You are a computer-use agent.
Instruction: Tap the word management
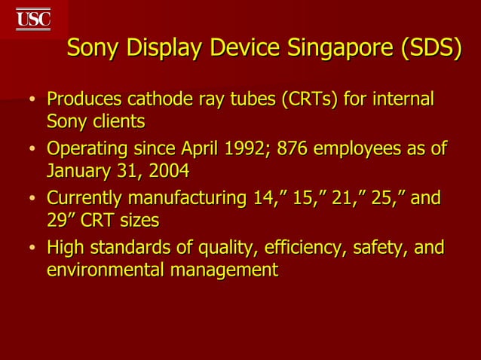[x=225, y=270]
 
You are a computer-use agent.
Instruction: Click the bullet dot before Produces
[x=32, y=101]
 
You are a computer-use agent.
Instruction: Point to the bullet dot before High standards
[x=32, y=249]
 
